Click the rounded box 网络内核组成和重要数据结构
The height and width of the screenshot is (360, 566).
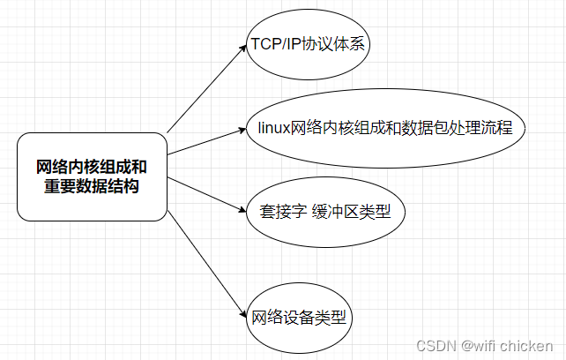point(92,176)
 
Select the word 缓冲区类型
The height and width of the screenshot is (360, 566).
point(357,212)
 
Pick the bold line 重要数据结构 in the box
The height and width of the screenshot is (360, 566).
point(92,186)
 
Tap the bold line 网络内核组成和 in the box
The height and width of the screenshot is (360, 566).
point(92,167)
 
